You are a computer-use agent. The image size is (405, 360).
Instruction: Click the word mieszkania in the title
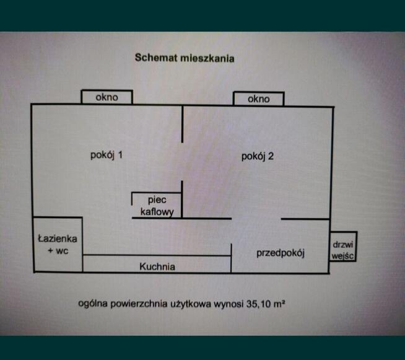(207, 58)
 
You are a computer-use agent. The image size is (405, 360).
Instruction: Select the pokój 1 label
(107, 155)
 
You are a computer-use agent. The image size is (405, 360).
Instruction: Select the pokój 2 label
(257, 156)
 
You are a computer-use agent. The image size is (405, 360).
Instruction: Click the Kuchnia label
(157, 266)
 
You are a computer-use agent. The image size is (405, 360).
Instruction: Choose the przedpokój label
(281, 253)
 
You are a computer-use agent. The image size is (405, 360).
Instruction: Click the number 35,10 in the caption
(259, 304)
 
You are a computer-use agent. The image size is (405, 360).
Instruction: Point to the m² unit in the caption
(279, 304)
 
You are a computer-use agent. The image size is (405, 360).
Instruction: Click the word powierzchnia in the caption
(139, 304)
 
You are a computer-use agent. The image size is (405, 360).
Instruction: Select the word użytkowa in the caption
(191, 304)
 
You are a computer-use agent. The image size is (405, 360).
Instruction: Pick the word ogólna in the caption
(93, 304)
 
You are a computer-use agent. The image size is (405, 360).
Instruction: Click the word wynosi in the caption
(229, 304)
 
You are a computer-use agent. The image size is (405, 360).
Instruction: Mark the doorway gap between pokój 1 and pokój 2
(182, 162)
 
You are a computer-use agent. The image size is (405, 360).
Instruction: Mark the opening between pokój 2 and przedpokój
(256, 219)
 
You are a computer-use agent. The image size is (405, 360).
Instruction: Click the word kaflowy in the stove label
(157, 212)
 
